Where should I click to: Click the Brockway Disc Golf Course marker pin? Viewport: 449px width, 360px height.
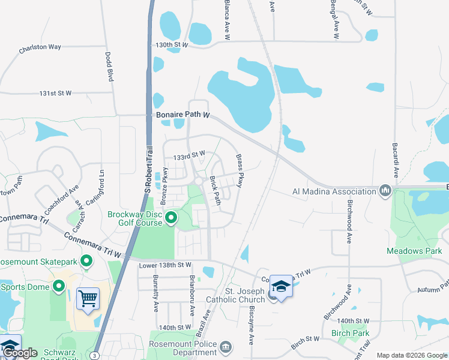171,218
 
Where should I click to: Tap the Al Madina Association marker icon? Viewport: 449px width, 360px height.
385,191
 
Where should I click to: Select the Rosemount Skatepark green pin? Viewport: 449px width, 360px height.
86,261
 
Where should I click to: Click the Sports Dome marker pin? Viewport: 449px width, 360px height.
59,286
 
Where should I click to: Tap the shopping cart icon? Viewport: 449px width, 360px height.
88,298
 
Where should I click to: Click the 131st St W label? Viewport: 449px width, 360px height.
55,93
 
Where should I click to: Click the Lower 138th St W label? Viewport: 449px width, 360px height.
164,265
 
